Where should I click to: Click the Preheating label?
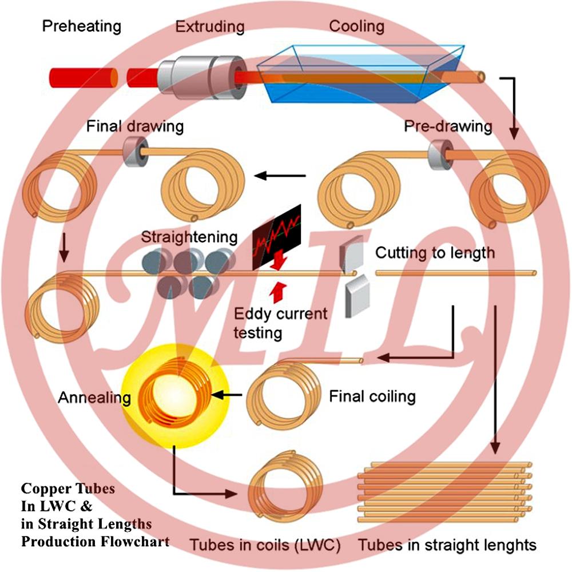82,26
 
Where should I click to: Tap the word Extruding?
209,26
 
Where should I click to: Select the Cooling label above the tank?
357,26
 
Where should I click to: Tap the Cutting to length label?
435,252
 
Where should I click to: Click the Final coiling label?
372,395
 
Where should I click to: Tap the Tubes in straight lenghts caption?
447,545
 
